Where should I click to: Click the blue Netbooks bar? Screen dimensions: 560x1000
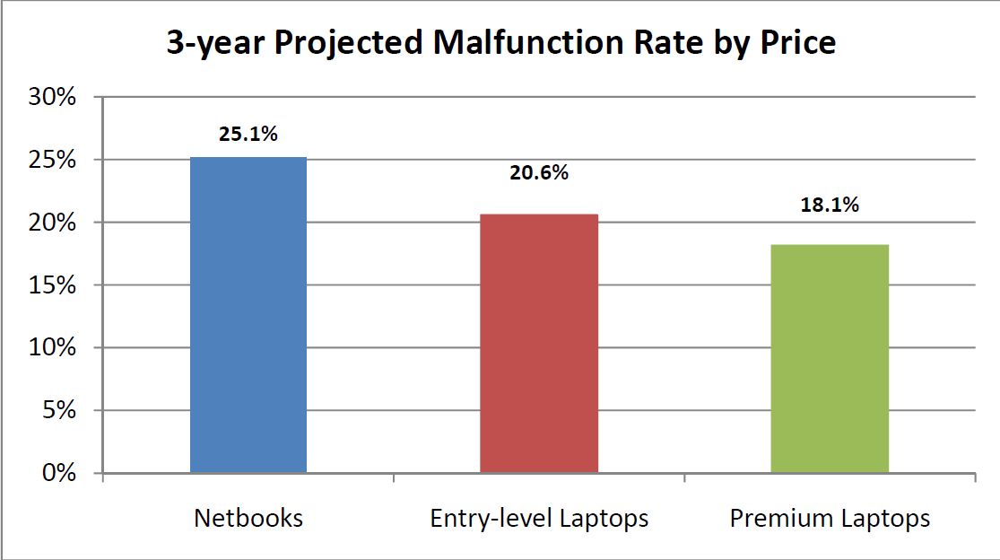point(248,314)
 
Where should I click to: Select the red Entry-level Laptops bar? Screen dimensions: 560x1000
point(539,343)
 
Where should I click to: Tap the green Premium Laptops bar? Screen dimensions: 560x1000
point(830,358)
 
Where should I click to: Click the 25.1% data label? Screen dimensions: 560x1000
point(248,135)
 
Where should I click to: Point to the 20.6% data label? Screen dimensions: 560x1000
point(539,173)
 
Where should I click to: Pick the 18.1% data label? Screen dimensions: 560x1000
point(830,205)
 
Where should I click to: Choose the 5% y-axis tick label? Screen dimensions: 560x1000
point(60,411)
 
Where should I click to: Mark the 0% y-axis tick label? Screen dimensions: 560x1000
point(60,473)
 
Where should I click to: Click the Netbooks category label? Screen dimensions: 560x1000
point(248,519)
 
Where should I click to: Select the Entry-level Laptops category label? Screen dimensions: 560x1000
point(539,519)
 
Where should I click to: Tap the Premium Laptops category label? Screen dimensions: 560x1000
point(830,519)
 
